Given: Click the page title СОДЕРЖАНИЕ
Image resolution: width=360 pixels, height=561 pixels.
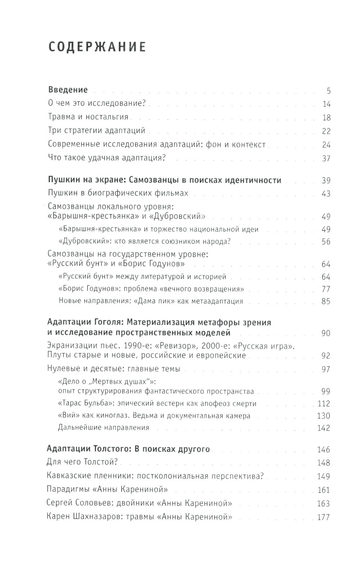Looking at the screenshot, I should [97, 47].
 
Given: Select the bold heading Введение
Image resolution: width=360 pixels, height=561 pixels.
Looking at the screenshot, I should [68, 90].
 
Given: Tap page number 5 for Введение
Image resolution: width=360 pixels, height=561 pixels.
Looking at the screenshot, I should [328, 91].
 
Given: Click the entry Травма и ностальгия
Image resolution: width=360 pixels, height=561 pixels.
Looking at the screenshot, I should [88, 117].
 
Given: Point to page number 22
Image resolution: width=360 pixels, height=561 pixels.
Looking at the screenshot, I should [326, 131].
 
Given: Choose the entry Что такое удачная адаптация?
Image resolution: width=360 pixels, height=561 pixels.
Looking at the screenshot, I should [107, 158].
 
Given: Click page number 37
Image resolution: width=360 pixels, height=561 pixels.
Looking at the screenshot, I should [326, 158].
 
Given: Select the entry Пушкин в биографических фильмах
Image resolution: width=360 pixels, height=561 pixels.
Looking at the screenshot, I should [118, 193].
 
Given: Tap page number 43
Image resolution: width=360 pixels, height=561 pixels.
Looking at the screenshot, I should [326, 194].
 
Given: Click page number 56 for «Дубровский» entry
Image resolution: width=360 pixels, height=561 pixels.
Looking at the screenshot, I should [326, 242].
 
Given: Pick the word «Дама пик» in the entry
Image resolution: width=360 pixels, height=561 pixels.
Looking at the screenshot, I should [154, 301].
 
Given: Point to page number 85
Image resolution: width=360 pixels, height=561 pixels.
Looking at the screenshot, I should [326, 301].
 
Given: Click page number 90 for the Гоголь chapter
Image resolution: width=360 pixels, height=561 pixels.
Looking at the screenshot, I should [326, 333].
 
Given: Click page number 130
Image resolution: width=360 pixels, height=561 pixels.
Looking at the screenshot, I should [324, 416].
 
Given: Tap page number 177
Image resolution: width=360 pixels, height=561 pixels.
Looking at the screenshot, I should [323, 517].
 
